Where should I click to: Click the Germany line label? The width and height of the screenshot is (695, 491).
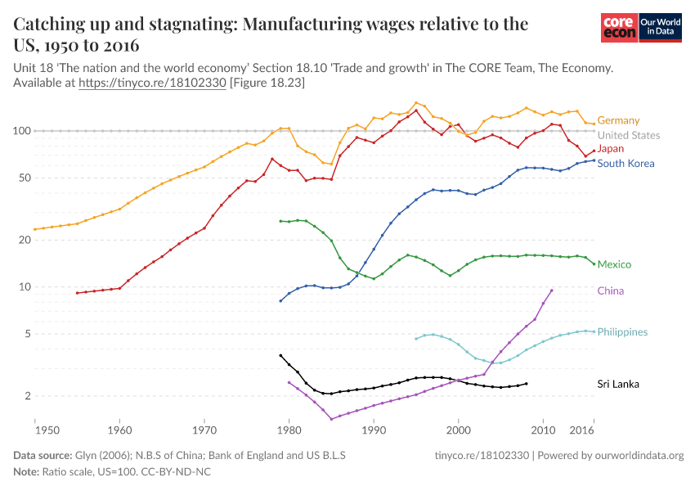pos(618,120)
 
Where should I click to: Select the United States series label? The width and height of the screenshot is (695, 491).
pos(628,135)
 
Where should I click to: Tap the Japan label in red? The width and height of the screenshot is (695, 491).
pos(611,148)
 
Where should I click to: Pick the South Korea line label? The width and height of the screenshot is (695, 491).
pos(625,163)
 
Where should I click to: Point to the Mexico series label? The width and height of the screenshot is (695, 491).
pos(614,264)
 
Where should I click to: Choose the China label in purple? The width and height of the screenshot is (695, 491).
pos(611,291)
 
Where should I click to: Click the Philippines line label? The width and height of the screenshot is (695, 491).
pos(622,331)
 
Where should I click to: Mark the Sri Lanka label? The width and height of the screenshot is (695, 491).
pos(617,384)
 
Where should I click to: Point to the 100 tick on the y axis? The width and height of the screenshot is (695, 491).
pos(21,131)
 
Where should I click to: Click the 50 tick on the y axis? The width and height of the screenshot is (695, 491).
pos(25,178)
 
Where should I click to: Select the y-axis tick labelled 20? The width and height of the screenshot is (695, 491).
pos(25,240)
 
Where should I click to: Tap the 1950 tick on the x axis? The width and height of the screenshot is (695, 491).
pos(36,429)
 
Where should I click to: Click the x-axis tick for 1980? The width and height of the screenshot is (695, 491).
pos(289,429)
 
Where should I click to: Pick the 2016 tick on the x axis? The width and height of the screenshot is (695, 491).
pos(581,429)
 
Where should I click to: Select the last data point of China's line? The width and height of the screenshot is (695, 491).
pos(552,291)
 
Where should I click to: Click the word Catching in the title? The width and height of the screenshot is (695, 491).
pos(51,24)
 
